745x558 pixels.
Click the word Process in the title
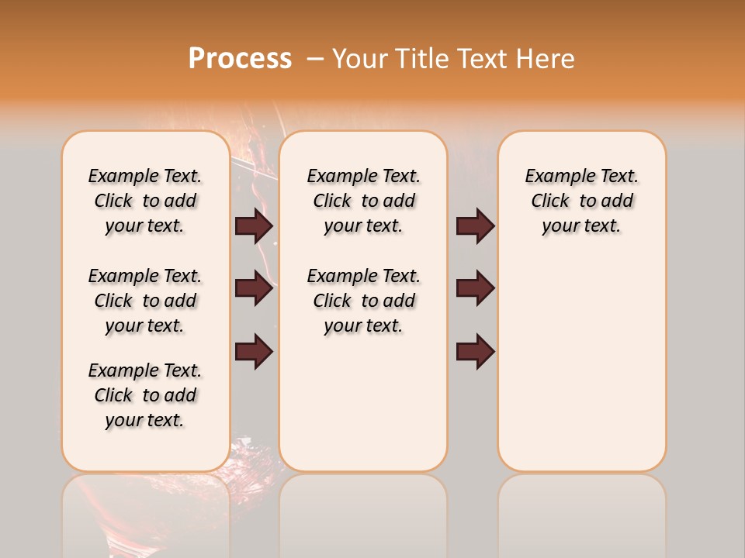pos(240,59)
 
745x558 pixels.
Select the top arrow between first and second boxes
pos(254,226)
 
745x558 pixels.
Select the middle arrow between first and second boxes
pos(254,288)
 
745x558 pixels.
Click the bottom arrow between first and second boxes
pos(254,351)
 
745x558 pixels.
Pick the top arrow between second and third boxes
pos(475,226)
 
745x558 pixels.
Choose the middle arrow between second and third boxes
pos(475,288)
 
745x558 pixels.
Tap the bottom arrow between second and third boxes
pos(475,351)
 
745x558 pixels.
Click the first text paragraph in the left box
pos(145,201)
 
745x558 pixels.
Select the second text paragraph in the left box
pos(145,301)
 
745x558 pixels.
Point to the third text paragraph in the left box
pos(145,395)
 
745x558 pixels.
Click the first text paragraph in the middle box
pos(363,201)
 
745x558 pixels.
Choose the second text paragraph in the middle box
pos(363,301)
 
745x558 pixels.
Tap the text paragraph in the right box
pos(581,201)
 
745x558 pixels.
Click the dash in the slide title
pos(315,59)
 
